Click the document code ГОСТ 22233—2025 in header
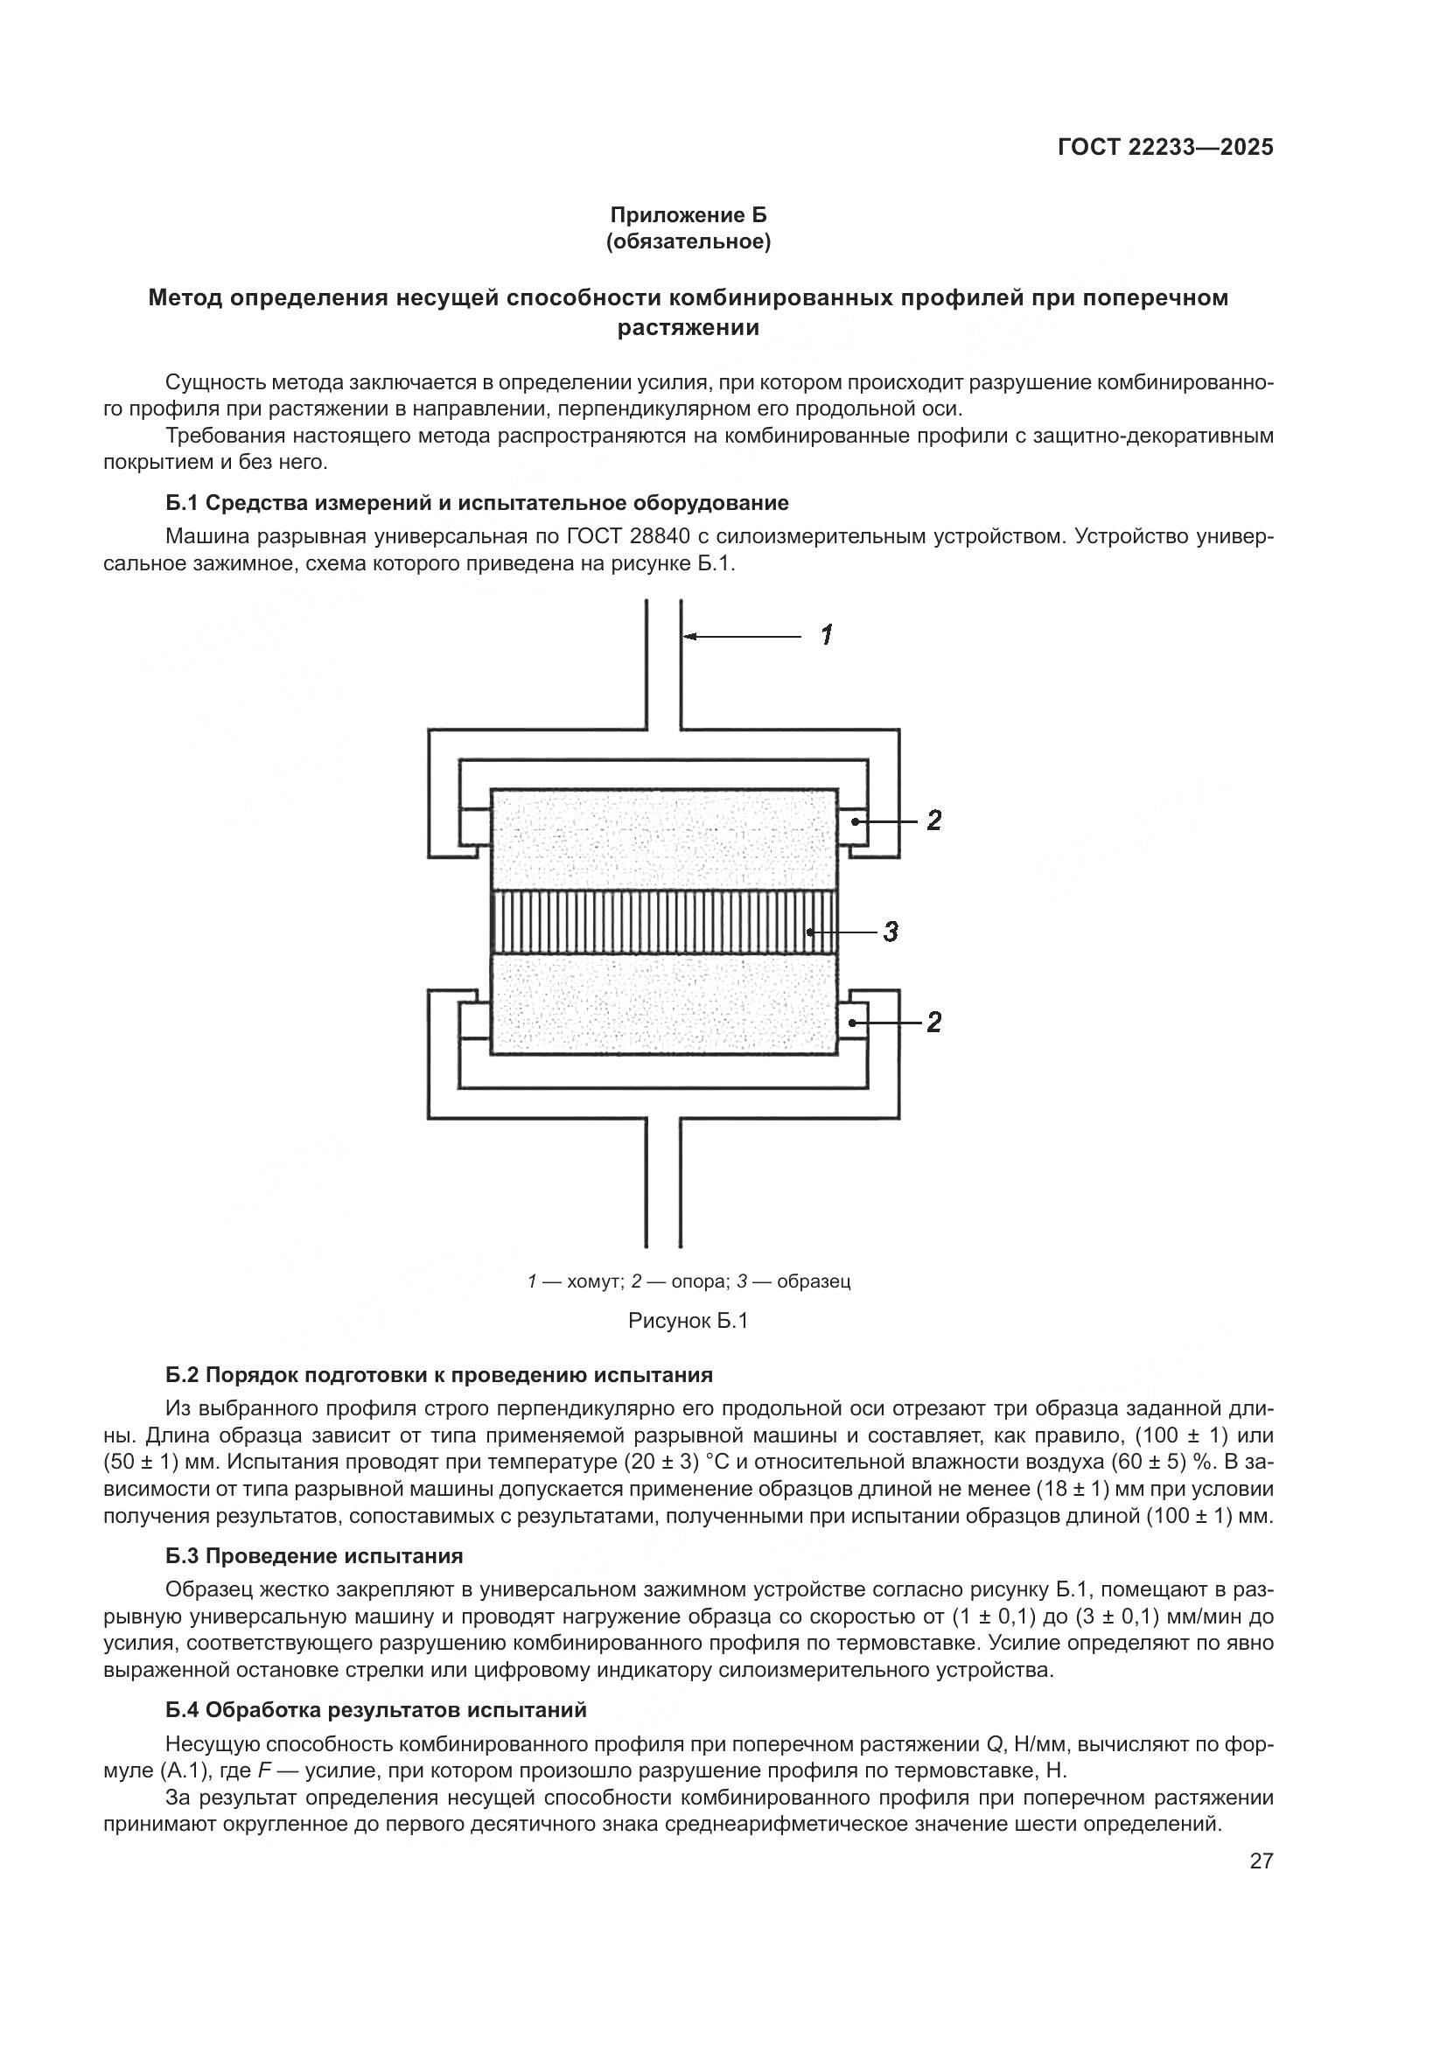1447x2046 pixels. [1165, 148]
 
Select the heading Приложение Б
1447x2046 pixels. [688, 215]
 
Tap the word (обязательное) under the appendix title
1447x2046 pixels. [688, 241]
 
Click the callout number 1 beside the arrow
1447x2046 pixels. [827, 635]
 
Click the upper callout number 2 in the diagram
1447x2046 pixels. [933, 820]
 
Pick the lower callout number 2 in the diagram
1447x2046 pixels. [933, 1022]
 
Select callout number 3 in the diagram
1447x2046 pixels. [890, 932]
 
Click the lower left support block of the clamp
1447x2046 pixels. [474, 1022]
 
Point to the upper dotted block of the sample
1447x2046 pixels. [664, 838]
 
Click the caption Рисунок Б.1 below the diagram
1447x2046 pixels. [688, 1321]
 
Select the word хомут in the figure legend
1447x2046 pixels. [593, 1281]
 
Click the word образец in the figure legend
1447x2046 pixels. [814, 1281]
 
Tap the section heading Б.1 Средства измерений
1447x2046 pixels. [477, 503]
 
